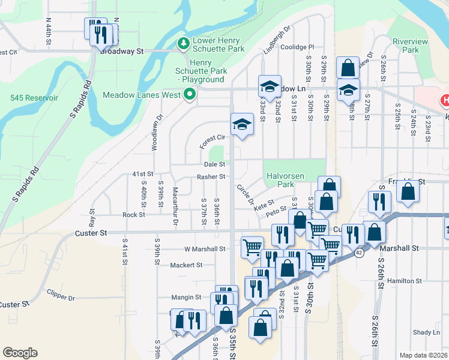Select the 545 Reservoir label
pos(34,98)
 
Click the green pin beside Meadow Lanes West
pos(190,94)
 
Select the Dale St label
pos(214,164)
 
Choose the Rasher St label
pos(211,177)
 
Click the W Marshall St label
pos(205,248)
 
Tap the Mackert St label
pos(186,265)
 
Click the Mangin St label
pos(185,297)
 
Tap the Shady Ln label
pos(426,332)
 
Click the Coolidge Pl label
pos(298,47)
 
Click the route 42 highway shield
pos(358,254)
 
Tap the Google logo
pos(20,353)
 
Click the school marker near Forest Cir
pos(242,124)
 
